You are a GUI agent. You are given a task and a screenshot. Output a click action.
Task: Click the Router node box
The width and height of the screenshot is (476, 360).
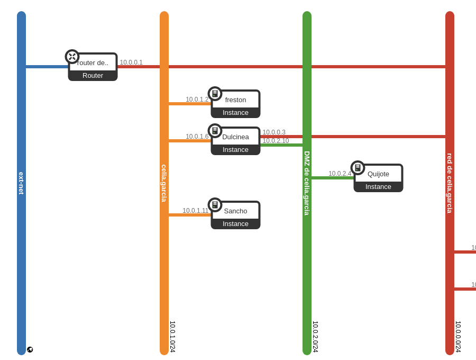[93, 67]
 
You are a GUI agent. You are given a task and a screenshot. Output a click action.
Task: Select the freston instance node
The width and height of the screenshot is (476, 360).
[235, 104]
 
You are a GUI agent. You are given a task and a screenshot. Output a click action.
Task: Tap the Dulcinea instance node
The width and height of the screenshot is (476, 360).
[235, 141]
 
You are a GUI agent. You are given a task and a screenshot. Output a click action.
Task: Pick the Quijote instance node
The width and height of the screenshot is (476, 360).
[378, 178]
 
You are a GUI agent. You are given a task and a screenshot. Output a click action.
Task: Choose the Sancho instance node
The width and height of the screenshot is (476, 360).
[235, 215]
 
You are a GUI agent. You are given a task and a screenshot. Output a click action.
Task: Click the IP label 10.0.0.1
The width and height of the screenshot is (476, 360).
[131, 62]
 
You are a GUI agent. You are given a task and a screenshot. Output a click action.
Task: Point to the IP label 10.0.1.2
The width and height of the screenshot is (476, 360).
[197, 100]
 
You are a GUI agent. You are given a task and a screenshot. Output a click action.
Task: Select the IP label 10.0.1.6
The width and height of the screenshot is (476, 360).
[197, 137]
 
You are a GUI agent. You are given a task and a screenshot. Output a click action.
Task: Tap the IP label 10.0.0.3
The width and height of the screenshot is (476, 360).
[274, 132]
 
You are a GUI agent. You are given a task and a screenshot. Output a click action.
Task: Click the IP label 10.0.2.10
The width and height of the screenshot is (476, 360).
[276, 141]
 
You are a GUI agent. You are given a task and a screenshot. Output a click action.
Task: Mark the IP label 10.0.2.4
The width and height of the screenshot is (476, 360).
[340, 174]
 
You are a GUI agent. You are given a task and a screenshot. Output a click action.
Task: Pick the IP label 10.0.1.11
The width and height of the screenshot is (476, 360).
[196, 211]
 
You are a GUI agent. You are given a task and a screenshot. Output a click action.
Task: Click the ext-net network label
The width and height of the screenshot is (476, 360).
[21, 183]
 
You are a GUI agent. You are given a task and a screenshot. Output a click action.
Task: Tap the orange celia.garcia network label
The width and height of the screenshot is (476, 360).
[164, 183]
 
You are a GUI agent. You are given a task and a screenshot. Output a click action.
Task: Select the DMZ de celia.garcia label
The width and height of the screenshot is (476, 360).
[307, 183]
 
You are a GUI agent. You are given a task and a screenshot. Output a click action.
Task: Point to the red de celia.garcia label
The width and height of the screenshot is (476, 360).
[450, 183]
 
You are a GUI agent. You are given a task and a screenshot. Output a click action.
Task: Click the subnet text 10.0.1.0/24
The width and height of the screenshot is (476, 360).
[172, 337]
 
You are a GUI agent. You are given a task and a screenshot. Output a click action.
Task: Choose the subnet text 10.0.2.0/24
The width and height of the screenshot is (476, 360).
[315, 337]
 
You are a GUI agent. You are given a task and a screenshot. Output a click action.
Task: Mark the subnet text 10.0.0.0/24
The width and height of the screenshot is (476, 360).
[458, 337]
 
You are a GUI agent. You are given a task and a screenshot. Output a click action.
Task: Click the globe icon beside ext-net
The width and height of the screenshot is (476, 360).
[30, 350]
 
